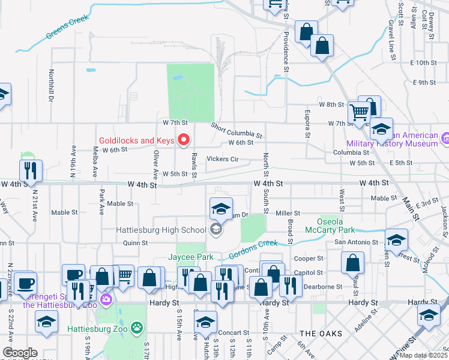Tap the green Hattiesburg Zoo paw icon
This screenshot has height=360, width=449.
click(138, 328)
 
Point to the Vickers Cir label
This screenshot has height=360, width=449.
click(223, 160)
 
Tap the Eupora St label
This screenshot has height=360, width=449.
click(307, 122)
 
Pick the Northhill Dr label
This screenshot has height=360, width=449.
click(52, 85)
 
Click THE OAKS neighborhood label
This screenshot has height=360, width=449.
click(321, 334)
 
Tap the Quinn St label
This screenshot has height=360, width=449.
click(135, 243)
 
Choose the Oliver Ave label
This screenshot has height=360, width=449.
click(155, 164)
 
